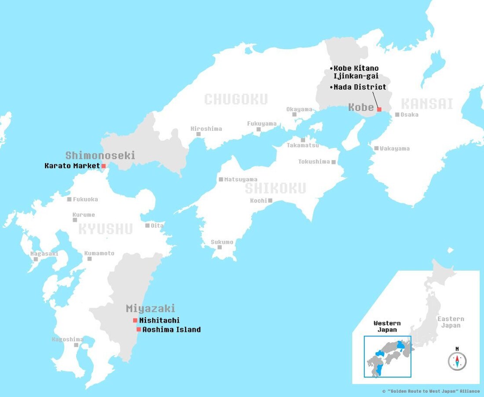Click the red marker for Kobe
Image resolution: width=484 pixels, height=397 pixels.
click(x=379, y=109)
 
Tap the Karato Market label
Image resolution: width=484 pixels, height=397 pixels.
click(x=72, y=166)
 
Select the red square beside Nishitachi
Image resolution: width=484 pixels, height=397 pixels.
click(x=135, y=320)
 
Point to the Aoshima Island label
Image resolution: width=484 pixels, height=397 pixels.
click(x=172, y=329)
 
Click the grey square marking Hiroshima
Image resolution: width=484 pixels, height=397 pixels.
click(x=198, y=134)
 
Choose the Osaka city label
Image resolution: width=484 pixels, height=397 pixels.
click(x=410, y=115)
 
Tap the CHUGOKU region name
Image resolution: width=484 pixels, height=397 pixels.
click(x=236, y=99)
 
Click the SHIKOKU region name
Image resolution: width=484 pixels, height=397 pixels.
click(x=275, y=188)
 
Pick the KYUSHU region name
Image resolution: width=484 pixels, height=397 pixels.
click(x=106, y=229)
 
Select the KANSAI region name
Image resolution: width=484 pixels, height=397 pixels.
click(x=427, y=104)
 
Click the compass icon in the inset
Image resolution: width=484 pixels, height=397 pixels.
click(x=457, y=361)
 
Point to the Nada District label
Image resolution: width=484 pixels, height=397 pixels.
click(x=359, y=87)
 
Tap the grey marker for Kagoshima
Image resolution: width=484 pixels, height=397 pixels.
click(x=76, y=345)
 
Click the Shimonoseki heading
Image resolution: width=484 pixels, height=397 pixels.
click(x=100, y=155)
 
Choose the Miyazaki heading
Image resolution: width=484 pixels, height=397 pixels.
click(x=150, y=308)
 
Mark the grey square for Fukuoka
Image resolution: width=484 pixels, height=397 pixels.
click(x=69, y=199)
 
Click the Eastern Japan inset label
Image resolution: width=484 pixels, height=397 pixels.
click(x=451, y=322)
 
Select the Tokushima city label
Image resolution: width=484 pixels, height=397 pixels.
click(x=314, y=161)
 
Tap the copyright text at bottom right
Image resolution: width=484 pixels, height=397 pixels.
click(x=431, y=391)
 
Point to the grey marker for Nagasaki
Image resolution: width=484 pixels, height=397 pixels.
click(x=36, y=259)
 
